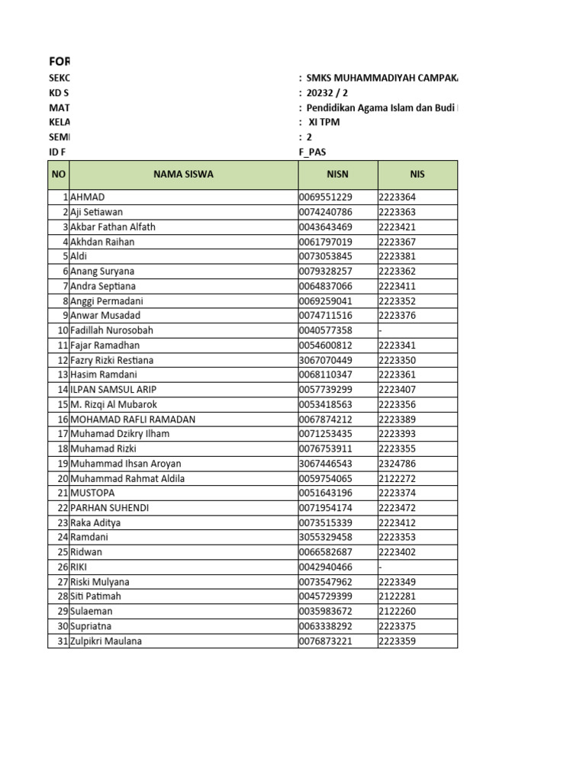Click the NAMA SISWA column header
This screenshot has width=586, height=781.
[x=183, y=175]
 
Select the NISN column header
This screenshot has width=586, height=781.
[x=337, y=175]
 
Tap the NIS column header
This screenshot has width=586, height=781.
[x=417, y=175]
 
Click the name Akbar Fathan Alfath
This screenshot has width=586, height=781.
[x=112, y=227]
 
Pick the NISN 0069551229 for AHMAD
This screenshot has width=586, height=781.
[x=326, y=197]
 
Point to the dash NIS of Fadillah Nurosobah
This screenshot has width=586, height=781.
[x=380, y=330]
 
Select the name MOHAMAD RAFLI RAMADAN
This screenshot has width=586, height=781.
[x=133, y=419]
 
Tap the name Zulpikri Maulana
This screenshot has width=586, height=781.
[x=106, y=641]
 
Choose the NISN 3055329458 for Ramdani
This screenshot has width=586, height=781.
[x=326, y=538]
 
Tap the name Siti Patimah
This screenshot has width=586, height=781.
[x=95, y=596]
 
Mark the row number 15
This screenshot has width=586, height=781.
[x=63, y=404]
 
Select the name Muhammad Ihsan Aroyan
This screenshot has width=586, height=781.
[x=125, y=464]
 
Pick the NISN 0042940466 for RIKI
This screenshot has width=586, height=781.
[x=326, y=567]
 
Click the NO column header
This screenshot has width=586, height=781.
[x=59, y=175]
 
